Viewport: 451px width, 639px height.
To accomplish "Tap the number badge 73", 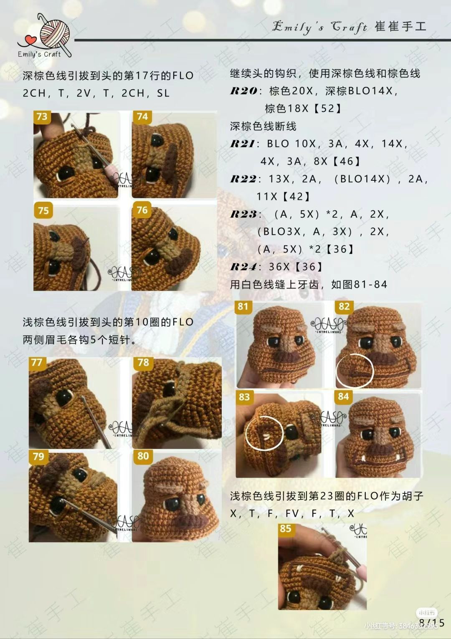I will pyautogui.click(x=42, y=116).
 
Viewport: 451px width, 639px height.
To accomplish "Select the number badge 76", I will pyautogui.click(x=142, y=210).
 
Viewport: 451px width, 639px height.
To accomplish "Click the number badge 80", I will pyautogui.click(x=143, y=456).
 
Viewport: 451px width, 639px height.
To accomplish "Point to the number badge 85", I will pyautogui.click(x=286, y=529).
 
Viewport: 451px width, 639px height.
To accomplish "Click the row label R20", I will pyautogui.click(x=243, y=91).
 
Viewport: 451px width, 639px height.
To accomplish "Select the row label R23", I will pyautogui.click(x=243, y=214).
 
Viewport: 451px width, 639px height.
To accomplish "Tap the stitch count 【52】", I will pyautogui.click(x=327, y=109).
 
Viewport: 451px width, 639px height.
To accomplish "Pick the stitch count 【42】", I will pyautogui.click(x=296, y=196).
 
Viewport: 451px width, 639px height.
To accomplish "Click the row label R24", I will pyautogui.click(x=243, y=267).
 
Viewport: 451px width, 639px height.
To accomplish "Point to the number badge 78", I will pyautogui.click(x=143, y=362).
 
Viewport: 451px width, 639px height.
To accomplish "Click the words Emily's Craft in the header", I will pyautogui.click(x=320, y=27).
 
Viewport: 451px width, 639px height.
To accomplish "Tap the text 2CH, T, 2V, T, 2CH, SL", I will pyautogui.click(x=96, y=93).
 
